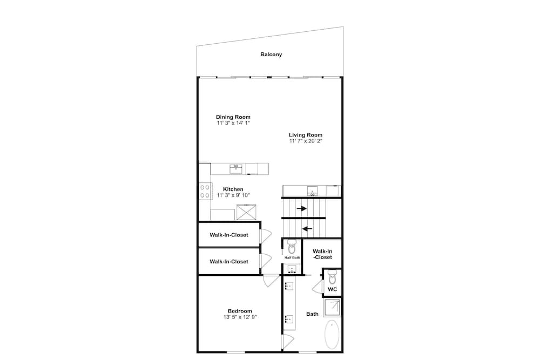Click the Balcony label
click(271, 55)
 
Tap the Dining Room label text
click(233, 117)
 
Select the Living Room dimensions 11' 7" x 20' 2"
click(306, 141)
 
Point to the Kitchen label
click(233, 189)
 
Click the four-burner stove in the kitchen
click(205, 192)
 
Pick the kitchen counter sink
click(236, 168)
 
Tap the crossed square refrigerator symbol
click(246, 212)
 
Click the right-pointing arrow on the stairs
click(302, 208)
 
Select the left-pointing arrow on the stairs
click(307, 228)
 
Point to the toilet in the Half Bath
click(292, 246)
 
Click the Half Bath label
click(292, 257)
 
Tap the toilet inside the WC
click(332, 277)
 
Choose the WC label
click(332, 289)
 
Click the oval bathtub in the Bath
click(332, 335)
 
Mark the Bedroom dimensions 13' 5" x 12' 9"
click(240, 317)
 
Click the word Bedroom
click(240, 311)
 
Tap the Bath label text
click(312, 314)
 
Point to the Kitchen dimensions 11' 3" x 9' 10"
click(233, 195)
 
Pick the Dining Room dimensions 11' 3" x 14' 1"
click(233, 123)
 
